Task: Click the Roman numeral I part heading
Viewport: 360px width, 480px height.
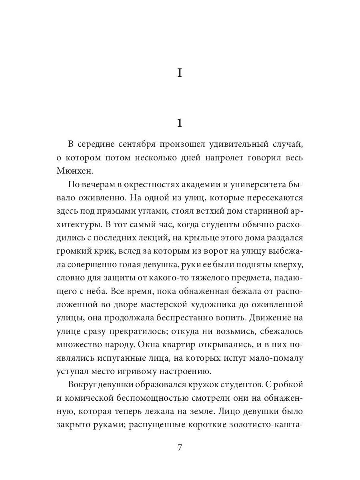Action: click(180, 74)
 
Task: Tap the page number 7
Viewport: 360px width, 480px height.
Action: click(180, 447)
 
